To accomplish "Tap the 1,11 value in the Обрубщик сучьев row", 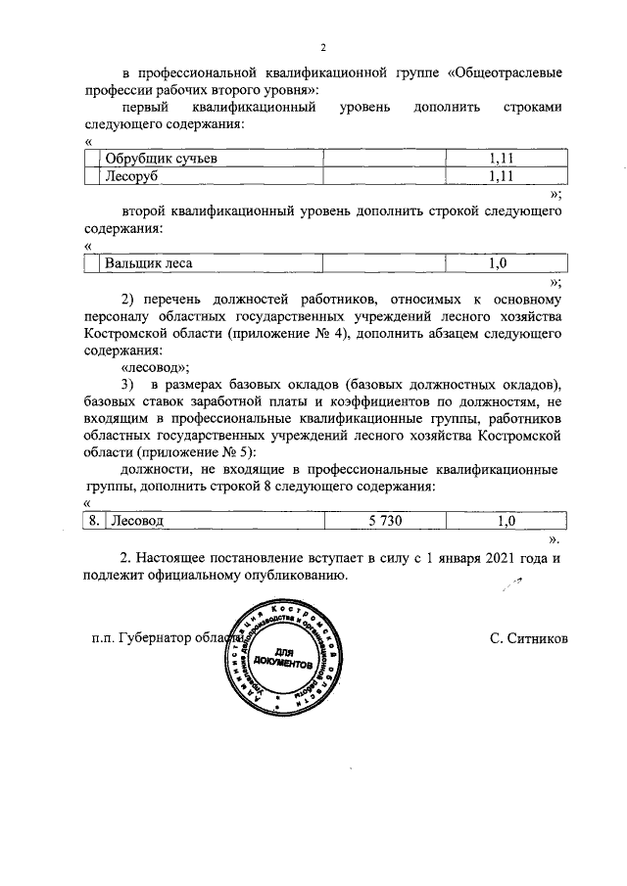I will pyautogui.click(x=501, y=159).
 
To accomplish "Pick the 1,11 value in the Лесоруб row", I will pyautogui.click(x=501, y=177).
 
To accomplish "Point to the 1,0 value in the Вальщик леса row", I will pyautogui.click(x=501, y=263).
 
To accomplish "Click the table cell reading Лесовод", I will pyautogui.click(x=137, y=522).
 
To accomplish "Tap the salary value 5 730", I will pyautogui.click(x=386, y=522).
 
